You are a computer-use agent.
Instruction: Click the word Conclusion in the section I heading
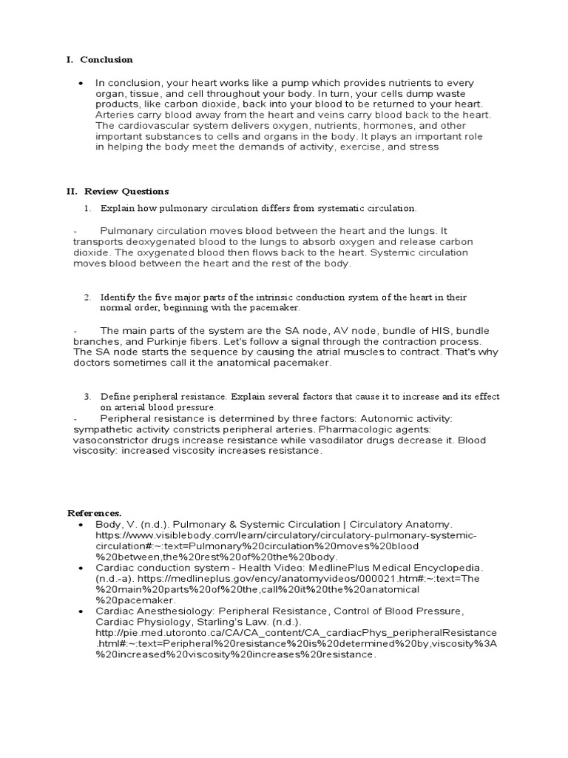[x=106, y=59]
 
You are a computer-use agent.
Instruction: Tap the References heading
[x=94, y=512]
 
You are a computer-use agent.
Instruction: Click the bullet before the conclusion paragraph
[x=81, y=83]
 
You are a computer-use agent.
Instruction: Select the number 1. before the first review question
[x=87, y=208]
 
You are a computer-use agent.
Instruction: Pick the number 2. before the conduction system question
[x=87, y=297]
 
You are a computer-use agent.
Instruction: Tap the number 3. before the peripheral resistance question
[x=87, y=397]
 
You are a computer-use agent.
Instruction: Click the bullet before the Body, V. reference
[x=81, y=523]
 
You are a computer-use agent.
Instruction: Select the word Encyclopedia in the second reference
[x=442, y=567]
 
